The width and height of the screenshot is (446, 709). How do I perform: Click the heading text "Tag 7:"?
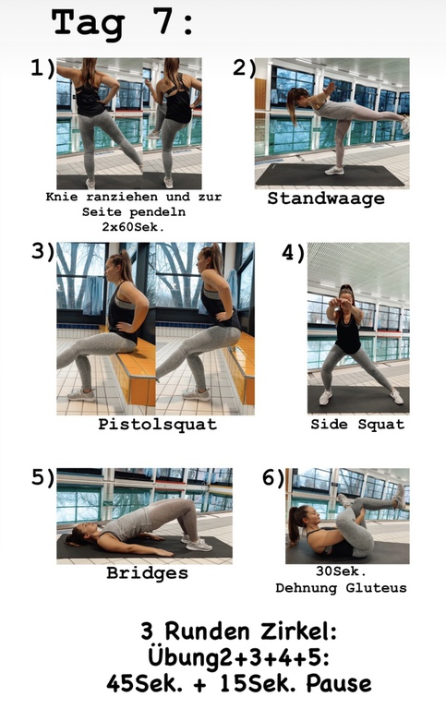point(122,22)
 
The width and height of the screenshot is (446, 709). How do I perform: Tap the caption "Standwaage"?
point(326,198)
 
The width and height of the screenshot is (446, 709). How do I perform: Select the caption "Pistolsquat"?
point(157,424)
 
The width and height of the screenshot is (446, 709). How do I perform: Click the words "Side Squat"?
point(357,424)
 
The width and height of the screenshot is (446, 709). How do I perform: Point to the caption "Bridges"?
point(147,573)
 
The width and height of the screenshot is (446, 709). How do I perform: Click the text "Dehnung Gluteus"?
point(341,588)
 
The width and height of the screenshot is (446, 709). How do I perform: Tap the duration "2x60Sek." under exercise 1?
point(133,226)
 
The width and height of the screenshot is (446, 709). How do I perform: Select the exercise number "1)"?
point(42,68)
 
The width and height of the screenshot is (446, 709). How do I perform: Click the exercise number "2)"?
point(245,68)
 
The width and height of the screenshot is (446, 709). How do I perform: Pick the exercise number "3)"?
point(43,251)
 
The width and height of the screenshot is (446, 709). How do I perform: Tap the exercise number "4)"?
point(293,252)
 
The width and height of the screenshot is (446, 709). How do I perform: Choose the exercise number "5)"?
point(43,477)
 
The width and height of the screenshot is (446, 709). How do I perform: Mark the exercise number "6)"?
point(273,477)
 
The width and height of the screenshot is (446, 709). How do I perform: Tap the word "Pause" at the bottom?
point(338,683)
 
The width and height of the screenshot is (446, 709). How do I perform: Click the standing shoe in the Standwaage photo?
point(334,171)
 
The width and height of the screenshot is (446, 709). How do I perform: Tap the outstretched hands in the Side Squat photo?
point(344,302)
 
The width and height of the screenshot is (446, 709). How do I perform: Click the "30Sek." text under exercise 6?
point(341,571)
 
